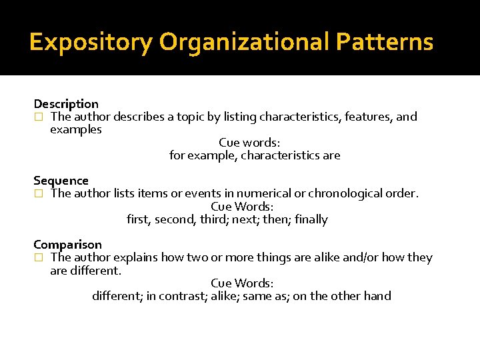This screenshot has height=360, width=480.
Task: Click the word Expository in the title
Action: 91,42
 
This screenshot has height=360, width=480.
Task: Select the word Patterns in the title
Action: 385,42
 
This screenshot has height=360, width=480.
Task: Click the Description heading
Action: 66,104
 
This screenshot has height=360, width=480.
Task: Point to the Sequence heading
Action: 61,181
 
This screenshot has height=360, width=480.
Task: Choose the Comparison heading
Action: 67,245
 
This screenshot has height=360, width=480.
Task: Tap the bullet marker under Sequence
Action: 38,194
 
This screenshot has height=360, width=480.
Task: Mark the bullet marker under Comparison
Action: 38,258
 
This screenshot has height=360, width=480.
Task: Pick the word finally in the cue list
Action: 311,219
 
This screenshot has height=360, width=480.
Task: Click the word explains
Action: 137,257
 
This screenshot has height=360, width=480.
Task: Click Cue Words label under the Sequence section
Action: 241,207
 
